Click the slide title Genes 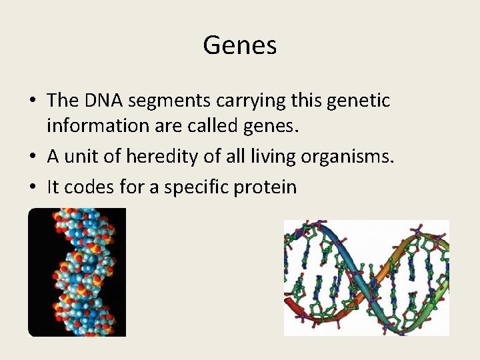239,45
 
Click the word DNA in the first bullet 103,101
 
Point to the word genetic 358,101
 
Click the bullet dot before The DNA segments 32,102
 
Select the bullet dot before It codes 32,187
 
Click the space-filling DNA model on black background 77,272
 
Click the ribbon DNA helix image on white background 366,277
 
